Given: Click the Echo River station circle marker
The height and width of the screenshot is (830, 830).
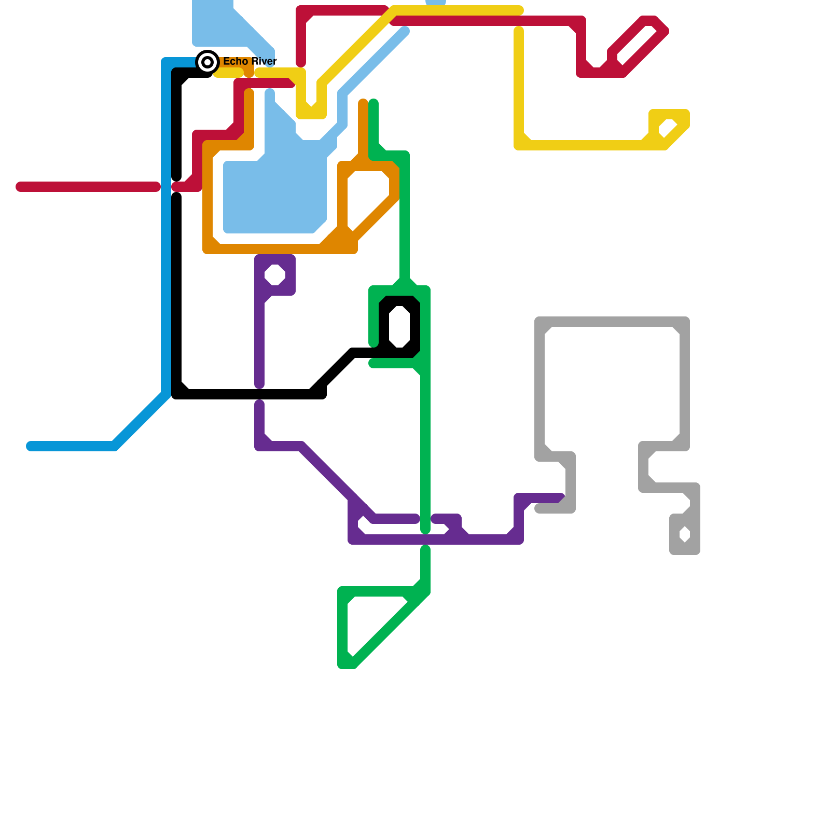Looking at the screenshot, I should point(208,62).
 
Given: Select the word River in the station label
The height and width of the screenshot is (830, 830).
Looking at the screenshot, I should point(264,61).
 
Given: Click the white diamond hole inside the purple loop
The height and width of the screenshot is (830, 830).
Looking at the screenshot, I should point(275,275).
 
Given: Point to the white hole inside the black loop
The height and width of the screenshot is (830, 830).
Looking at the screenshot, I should point(399,327).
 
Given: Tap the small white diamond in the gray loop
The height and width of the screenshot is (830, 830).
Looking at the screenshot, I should point(685,534).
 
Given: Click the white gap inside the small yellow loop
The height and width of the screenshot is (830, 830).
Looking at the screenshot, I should point(668,128).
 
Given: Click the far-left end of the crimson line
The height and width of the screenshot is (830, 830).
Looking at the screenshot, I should point(20,187).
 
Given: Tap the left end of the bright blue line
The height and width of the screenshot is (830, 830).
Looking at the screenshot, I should point(30,446).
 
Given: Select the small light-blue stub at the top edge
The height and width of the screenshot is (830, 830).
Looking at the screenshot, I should point(436,2).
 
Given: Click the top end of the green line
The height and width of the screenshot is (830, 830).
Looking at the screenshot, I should point(374,102).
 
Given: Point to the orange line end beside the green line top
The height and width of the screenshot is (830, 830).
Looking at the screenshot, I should point(363,102).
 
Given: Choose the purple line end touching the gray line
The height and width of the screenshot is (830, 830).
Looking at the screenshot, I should point(561,497).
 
